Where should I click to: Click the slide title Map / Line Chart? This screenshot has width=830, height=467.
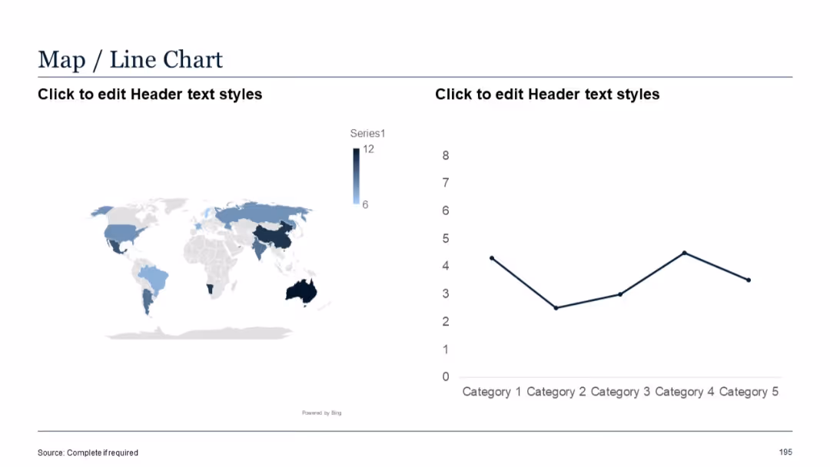click(130, 59)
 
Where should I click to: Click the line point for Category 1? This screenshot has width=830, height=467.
click(491, 258)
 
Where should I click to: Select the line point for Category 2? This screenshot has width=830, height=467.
click(556, 308)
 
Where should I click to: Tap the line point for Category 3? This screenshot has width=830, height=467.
click(620, 294)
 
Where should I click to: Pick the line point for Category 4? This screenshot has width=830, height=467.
click(684, 253)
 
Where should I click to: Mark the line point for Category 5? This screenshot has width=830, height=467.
click(749, 280)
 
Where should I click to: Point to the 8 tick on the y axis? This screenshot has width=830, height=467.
click(446, 156)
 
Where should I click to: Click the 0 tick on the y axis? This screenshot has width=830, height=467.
click(446, 377)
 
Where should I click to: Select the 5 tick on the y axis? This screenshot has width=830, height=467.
click(446, 239)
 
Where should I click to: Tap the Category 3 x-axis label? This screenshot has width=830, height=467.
click(620, 392)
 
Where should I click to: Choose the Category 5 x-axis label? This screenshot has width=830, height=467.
click(749, 392)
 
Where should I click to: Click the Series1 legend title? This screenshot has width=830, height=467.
click(367, 134)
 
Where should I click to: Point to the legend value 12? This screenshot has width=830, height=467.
click(368, 149)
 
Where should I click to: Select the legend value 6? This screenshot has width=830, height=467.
click(365, 204)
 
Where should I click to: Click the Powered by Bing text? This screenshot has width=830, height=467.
click(321, 413)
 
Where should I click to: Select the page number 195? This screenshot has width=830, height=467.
click(785, 452)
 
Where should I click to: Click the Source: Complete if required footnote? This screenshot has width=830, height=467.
click(88, 452)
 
